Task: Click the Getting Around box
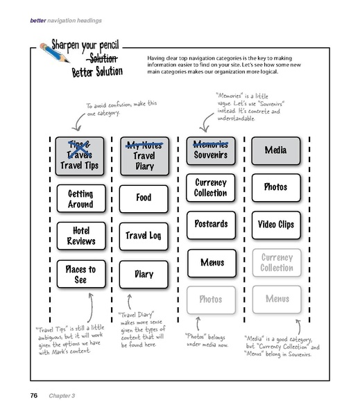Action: click(80, 196)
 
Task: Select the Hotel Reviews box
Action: click(80, 235)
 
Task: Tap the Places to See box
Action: click(80, 274)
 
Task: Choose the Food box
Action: click(144, 198)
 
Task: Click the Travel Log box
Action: click(144, 236)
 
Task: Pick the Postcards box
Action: click(212, 224)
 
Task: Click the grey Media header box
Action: click(276, 148)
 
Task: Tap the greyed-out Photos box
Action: click(212, 300)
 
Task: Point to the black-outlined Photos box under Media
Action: click(276, 187)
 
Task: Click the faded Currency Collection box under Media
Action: click(276, 262)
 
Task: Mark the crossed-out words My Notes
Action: click(144, 145)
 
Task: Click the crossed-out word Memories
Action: click(212, 144)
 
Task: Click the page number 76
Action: click(33, 396)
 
